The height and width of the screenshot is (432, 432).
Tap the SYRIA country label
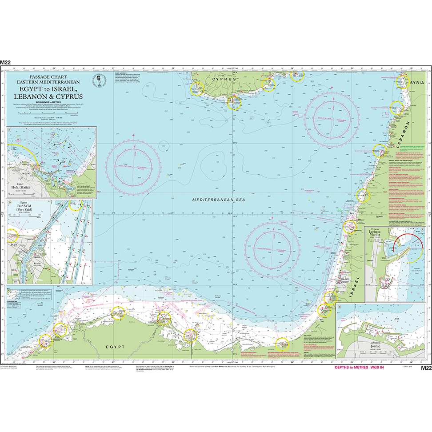[x=418, y=83]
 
